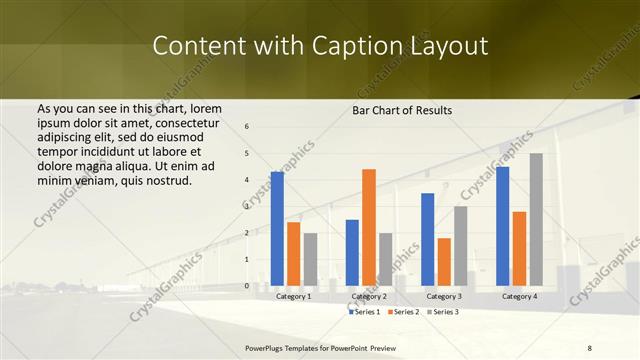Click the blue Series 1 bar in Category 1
pos(277,229)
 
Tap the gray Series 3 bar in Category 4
pos(536,220)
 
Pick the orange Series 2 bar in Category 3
pos(444,262)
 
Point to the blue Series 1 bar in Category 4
pos(502,226)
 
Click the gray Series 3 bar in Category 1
pos(310,259)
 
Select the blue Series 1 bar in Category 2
pos(352,253)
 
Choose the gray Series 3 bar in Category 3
pos(460,246)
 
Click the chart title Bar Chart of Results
pos(402,110)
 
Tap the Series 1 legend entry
pos(364,312)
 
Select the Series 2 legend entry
pos(402,312)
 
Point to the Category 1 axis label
pos(293,297)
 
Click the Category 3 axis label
pos(443,297)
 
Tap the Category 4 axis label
pos(519,297)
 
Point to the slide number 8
pos(589,347)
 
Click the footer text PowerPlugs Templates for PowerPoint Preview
pos(321,347)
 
